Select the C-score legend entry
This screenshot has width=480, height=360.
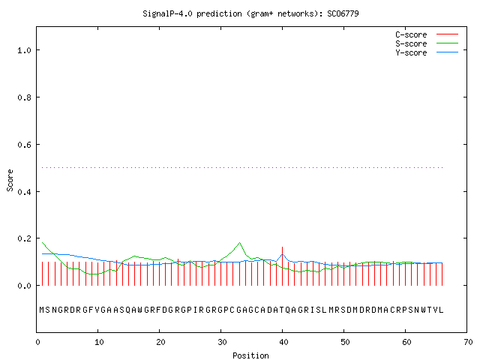(427, 34)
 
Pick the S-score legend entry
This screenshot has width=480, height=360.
(427, 43)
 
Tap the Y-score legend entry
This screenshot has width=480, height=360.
(427, 52)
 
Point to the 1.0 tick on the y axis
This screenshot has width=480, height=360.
(24, 50)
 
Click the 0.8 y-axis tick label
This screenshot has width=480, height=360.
(24, 97)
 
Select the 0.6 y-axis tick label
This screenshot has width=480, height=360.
(24, 145)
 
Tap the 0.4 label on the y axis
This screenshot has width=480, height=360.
(24, 192)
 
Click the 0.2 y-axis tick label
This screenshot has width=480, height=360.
(24, 238)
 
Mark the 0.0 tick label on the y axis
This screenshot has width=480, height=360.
(24, 286)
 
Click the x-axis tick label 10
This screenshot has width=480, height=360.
(99, 342)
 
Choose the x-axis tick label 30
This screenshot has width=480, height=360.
(222, 342)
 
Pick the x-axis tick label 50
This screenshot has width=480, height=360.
(345, 342)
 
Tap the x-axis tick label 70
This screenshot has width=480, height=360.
(468, 342)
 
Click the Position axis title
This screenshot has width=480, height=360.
(250, 355)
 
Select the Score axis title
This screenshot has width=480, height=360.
(10, 181)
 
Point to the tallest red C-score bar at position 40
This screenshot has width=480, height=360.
(282, 266)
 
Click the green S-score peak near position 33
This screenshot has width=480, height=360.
(240, 243)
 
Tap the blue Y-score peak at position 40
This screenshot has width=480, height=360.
(283, 254)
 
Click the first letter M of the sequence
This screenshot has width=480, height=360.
(42, 310)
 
